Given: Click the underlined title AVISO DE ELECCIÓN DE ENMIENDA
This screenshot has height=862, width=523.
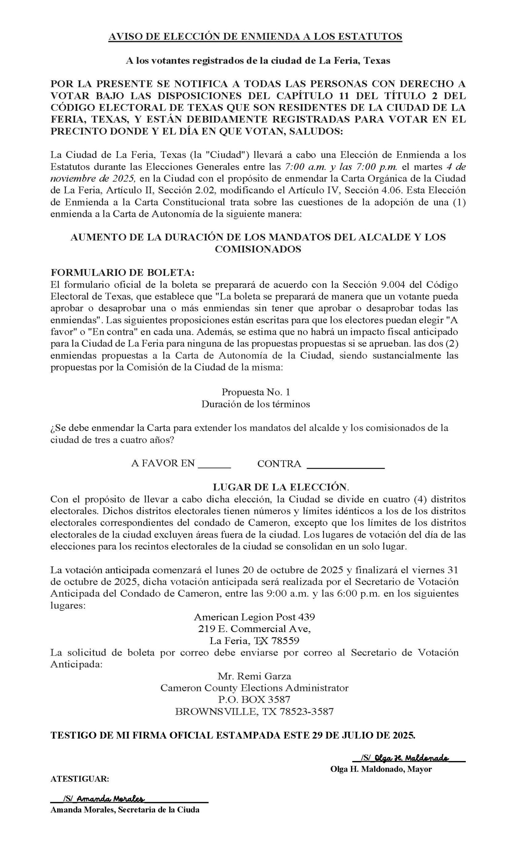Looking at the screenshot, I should coord(255,36).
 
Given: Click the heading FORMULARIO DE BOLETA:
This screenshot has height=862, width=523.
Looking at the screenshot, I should coord(123,272).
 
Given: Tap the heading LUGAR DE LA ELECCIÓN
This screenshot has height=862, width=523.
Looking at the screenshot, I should coord(281,487).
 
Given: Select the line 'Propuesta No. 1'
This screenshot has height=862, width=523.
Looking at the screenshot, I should coord(255,392).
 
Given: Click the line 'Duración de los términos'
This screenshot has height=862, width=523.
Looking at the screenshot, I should coord(255,404).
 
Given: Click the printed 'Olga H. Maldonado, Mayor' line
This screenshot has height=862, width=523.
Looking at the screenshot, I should coord(381,769).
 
